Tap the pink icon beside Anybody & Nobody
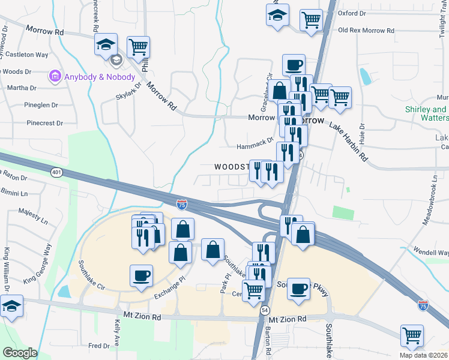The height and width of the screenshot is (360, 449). coord(55,77)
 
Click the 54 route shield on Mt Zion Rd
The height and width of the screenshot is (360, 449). coord(265,310)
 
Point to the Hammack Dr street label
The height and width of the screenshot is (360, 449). coord(255,143)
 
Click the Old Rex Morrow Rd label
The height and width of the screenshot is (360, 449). coord(366,30)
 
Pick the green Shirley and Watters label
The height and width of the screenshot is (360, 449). coord(426,115)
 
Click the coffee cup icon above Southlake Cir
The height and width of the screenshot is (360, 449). coord(141,275)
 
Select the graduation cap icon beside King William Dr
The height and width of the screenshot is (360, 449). coord(11,306)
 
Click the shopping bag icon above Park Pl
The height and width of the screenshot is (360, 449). coord(213,250)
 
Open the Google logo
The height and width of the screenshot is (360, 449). coord(20,353)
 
